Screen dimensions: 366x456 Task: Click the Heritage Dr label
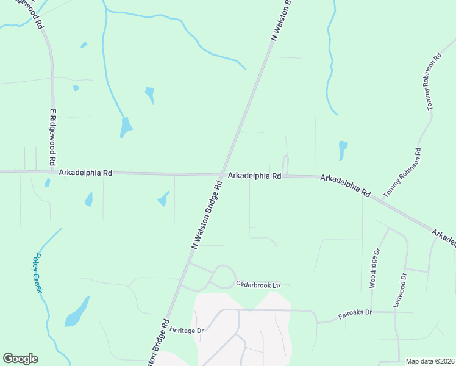point(187,330)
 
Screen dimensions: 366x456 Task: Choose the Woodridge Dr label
point(376,268)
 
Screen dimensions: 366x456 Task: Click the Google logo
point(20,359)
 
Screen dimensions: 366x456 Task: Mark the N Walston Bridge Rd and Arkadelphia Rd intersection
point(222,175)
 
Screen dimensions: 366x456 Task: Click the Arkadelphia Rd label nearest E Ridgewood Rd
point(85,173)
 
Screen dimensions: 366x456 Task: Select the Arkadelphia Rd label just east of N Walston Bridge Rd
point(255,176)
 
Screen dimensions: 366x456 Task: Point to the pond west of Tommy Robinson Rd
point(343,150)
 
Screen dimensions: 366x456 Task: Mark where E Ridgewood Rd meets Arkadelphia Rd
point(54,172)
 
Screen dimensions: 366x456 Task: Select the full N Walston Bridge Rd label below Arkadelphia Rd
point(207,214)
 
